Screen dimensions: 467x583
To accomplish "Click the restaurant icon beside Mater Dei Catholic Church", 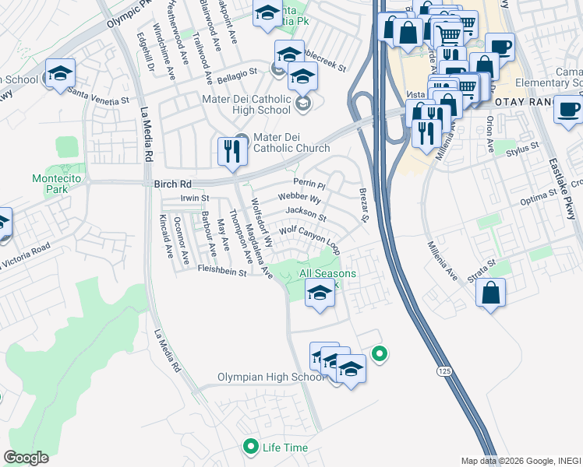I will (x=232, y=151).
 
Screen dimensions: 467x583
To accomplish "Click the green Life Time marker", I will (x=251, y=447).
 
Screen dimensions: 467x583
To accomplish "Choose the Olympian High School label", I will (x=270, y=377).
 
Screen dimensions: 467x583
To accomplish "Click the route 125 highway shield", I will (x=443, y=373).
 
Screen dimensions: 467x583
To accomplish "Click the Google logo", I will (x=26, y=457).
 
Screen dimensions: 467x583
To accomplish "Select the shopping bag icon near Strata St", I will (x=491, y=293).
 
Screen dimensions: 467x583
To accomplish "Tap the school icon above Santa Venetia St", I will (x=60, y=73).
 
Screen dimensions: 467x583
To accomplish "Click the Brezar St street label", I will (x=362, y=205).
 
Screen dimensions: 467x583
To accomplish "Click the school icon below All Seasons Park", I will (x=319, y=293).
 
